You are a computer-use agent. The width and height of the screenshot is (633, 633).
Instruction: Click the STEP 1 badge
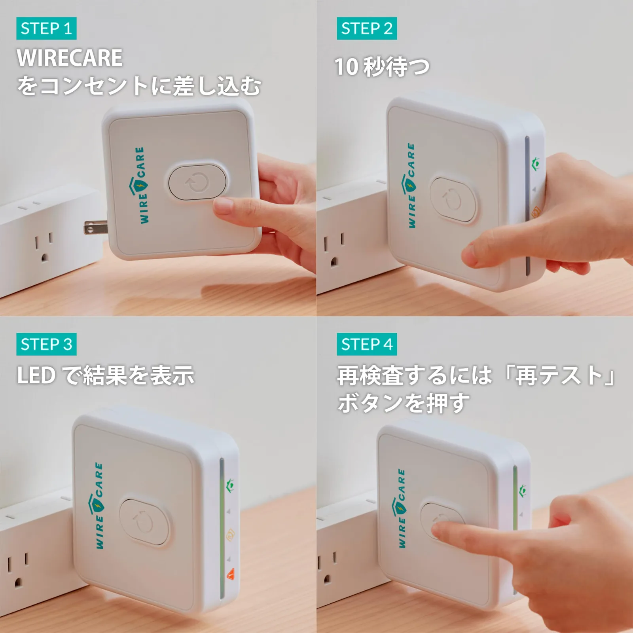tap(46, 28)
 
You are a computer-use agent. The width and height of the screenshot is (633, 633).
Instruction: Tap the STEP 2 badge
tap(367, 28)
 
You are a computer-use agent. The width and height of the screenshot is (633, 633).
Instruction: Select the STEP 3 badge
tap(46, 344)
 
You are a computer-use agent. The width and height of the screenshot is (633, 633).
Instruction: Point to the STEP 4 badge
tap(367, 344)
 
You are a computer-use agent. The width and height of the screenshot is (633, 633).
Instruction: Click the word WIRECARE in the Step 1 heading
tap(70, 58)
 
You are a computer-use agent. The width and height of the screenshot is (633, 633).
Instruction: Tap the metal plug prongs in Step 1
tap(95, 228)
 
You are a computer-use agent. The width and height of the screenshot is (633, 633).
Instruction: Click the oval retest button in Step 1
tap(197, 182)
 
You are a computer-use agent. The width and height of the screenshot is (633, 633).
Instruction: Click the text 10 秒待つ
tap(382, 66)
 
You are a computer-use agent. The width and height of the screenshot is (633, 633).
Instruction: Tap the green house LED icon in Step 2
tap(536, 163)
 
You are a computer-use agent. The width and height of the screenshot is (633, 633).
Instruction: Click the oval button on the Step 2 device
tap(453, 200)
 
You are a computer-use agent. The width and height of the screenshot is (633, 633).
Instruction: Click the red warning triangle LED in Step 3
tap(230, 574)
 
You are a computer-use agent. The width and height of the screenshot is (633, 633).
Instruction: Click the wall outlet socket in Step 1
tap(43, 247)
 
